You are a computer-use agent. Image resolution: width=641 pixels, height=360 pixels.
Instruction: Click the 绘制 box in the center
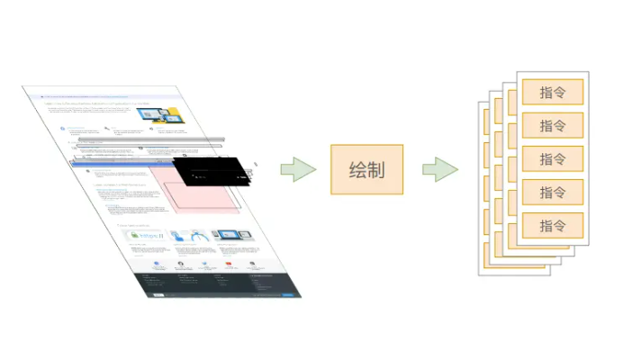[366, 169]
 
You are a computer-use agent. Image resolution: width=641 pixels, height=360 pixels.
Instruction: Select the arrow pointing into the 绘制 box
[298, 169]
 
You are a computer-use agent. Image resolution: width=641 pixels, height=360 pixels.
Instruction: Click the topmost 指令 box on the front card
[553, 93]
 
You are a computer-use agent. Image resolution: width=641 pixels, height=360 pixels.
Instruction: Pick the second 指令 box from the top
[553, 126]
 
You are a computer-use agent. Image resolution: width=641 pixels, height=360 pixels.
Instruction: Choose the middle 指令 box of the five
[553, 159]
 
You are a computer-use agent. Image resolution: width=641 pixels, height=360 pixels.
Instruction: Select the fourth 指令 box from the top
[553, 192]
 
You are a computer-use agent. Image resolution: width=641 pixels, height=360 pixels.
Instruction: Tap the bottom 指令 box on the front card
[553, 225]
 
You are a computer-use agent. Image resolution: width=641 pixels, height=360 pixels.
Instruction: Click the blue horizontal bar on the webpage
[126, 166]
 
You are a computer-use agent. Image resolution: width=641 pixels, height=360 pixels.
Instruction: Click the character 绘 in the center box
[356, 169]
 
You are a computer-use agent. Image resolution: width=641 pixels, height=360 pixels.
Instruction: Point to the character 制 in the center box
[376, 169]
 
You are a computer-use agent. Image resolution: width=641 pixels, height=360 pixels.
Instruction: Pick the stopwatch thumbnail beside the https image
[190, 237]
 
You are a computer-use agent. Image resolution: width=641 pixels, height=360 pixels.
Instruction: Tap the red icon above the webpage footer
[229, 265]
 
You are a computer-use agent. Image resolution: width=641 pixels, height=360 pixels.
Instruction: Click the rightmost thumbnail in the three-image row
[232, 237]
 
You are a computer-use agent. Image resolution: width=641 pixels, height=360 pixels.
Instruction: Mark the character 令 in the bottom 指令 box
[562, 225]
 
